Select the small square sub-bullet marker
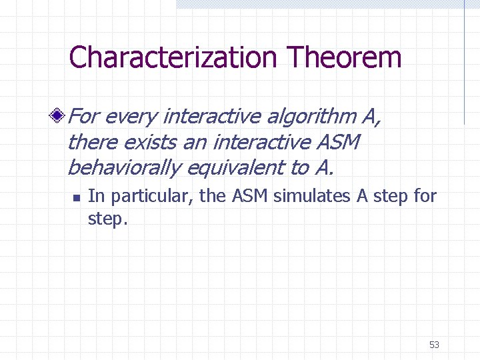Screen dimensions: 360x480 click(x=77, y=197)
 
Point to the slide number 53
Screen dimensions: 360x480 click(x=434, y=345)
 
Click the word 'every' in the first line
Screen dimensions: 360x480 click(x=130, y=117)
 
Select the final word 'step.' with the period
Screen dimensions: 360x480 click(x=107, y=219)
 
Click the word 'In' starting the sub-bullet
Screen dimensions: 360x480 click(x=95, y=196)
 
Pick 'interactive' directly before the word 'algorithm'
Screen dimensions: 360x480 click(x=211, y=117)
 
